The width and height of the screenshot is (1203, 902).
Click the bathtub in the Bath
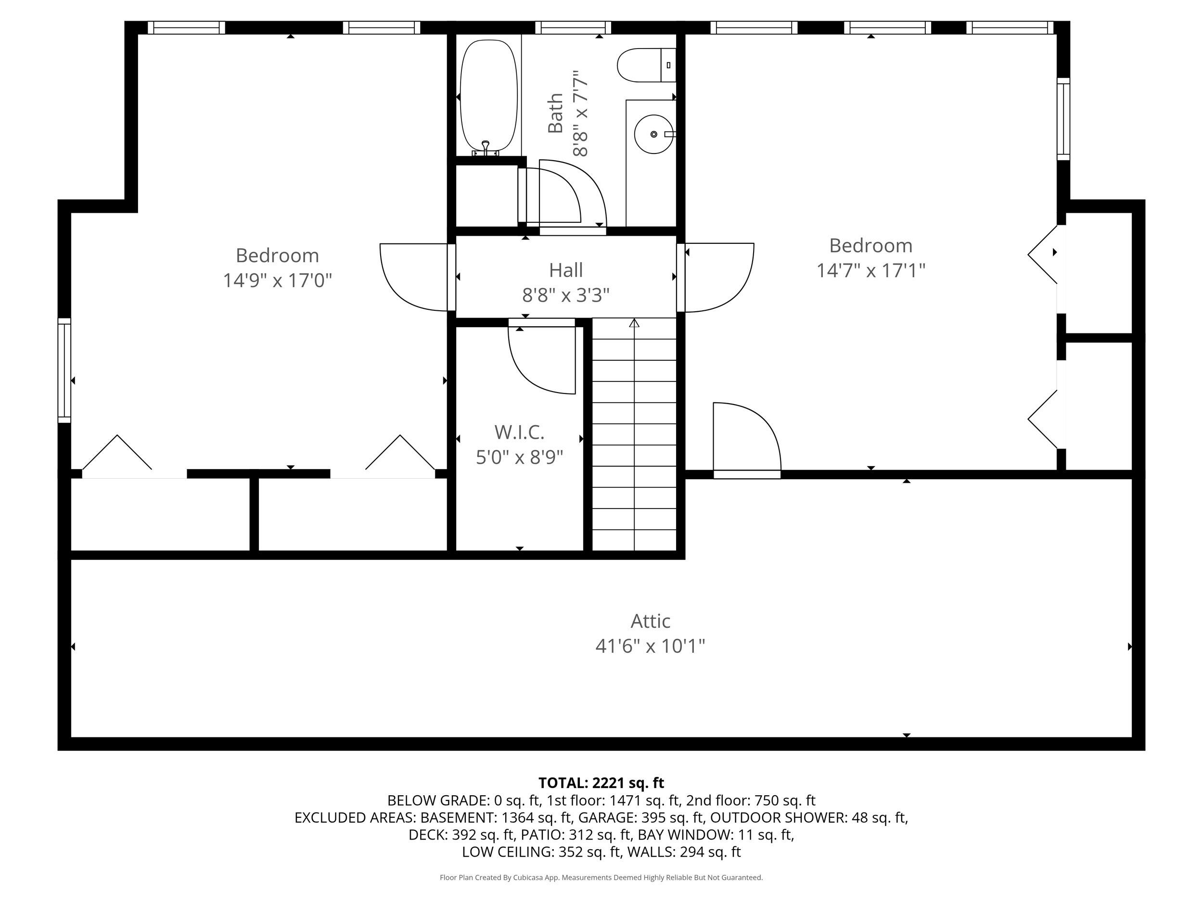[488, 96]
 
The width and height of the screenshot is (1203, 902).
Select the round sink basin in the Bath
[653, 134]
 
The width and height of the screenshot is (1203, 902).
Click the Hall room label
[565, 270]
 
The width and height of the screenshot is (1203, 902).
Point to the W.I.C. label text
[519, 432]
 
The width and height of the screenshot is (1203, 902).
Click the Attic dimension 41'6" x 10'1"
[650, 646]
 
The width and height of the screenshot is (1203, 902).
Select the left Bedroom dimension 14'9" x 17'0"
[277, 280]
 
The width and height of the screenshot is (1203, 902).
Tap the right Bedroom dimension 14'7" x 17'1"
[870, 270]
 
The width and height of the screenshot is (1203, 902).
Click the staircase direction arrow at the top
[634, 323]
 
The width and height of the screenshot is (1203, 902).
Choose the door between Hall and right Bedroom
[718, 277]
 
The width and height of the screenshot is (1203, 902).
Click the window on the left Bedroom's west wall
[64, 370]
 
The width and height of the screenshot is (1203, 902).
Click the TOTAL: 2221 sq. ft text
[601, 783]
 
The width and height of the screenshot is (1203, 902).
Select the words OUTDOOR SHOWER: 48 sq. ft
[809, 818]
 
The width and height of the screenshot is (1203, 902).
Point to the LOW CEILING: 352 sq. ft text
[541, 852]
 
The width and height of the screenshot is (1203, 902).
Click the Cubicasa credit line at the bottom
[601, 877]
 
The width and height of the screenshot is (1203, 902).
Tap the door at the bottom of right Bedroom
[746, 440]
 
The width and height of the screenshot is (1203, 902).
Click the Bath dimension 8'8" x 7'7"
[581, 114]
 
